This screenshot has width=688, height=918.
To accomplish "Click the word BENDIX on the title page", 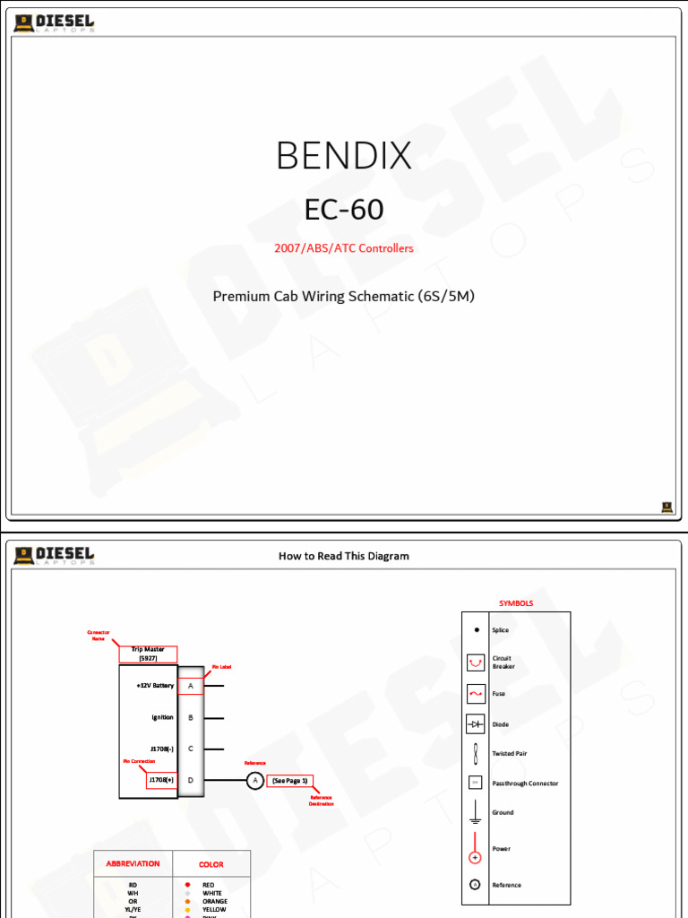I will pyautogui.click(x=344, y=156).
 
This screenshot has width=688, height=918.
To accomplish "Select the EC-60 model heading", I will pyautogui.click(x=344, y=210).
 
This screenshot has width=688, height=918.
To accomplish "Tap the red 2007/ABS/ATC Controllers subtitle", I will pyautogui.click(x=344, y=248).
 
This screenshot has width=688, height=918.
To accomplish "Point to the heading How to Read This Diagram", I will pyautogui.click(x=344, y=556).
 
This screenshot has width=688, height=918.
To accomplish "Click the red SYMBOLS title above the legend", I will pyautogui.click(x=516, y=603).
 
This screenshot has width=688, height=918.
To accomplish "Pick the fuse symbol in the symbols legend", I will pyautogui.click(x=476, y=693).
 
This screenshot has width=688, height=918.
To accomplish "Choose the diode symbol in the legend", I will pyautogui.click(x=476, y=723).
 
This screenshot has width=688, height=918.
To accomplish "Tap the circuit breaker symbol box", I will pyautogui.click(x=476, y=663).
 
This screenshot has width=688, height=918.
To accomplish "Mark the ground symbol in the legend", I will pyautogui.click(x=476, y=812).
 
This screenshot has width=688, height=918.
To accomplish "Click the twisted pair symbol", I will pyautogui.click(x=476, y=753).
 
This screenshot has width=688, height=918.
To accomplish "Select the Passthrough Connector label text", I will pyautogui.click(x=525, y=784).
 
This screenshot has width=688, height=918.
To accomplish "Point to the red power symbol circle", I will pyautogui.click(x=476, y=857).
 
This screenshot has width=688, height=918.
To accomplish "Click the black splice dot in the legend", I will pyautogui.click(x=476, y=630).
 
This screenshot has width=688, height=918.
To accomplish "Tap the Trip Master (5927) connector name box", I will pyautogui.click(x=148, y=654).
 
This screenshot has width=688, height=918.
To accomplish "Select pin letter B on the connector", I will pyautogui.click(x=191, y=717).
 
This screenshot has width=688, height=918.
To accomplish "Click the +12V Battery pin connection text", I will pyautogui.click(x=155, y=686).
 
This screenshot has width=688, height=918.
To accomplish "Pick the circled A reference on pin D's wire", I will pyautogui.click(x=254, y=781).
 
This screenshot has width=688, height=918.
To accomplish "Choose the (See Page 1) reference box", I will pyautogui.click(x=289, y=781).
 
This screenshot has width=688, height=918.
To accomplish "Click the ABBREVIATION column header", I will pyautogui.click(x=133, y=864).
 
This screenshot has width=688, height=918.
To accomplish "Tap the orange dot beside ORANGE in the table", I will pyautogui.click(x=187, y=901).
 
